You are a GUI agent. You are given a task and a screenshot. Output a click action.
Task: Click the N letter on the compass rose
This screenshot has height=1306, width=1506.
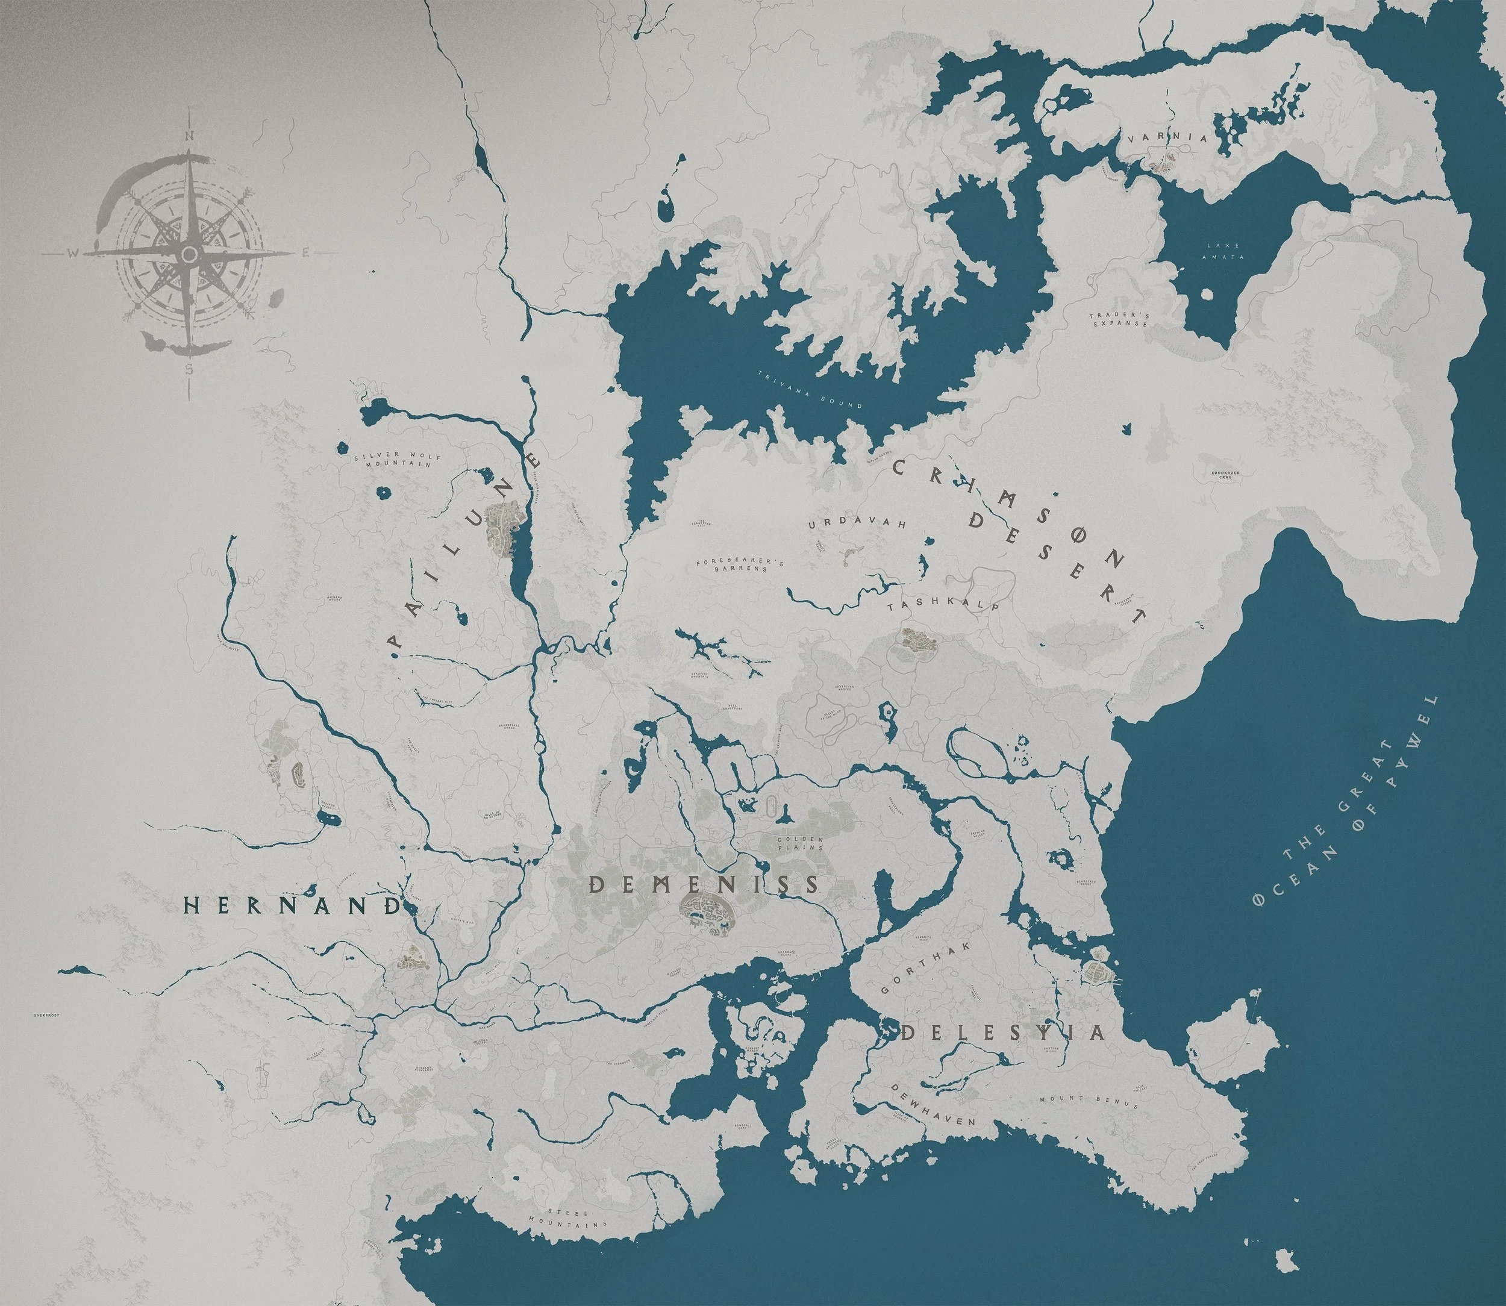tap(189, 136)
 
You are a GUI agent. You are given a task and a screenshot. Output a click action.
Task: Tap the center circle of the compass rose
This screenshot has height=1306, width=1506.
tap(189, 254)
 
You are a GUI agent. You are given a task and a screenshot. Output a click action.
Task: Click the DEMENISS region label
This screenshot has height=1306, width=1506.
tap(704, 885)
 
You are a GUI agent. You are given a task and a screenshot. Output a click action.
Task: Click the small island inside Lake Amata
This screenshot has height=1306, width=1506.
tap(1205, 295)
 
